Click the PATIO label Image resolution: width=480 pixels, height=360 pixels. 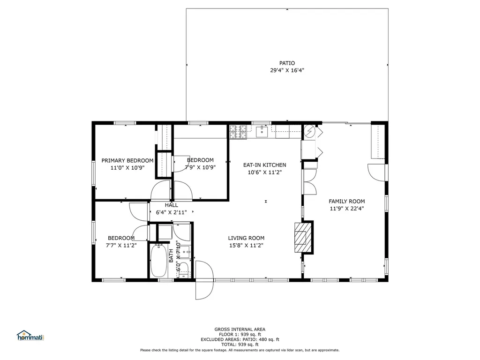click(x=287, y=63)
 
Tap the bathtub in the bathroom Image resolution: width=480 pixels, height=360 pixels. click(x=157, y=261)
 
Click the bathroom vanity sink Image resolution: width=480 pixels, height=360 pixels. click(x=185, y=252)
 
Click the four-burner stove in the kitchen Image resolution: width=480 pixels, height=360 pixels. click(x=238, y=132)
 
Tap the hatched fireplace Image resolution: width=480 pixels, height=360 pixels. click(x=301, y=237)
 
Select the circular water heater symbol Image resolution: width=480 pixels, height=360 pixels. click(x=309, y=131)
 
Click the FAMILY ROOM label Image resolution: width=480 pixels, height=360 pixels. click(x=346, y=202)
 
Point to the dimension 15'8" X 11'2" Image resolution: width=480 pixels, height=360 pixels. click(x=246, y=245)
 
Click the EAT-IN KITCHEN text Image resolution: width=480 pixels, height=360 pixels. click(x=264, y=165)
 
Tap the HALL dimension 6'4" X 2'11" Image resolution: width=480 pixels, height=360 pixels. click(x=171, y=212)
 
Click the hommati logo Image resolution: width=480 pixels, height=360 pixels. click(x=30, y=336)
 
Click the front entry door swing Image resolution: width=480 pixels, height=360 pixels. click(x=203, y=280)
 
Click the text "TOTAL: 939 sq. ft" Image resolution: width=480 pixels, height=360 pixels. click(x=240, y=345)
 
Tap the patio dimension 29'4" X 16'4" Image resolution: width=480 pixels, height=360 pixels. click(x=287, y=71)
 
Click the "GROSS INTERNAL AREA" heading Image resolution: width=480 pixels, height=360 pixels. click(x=240, y=329)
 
